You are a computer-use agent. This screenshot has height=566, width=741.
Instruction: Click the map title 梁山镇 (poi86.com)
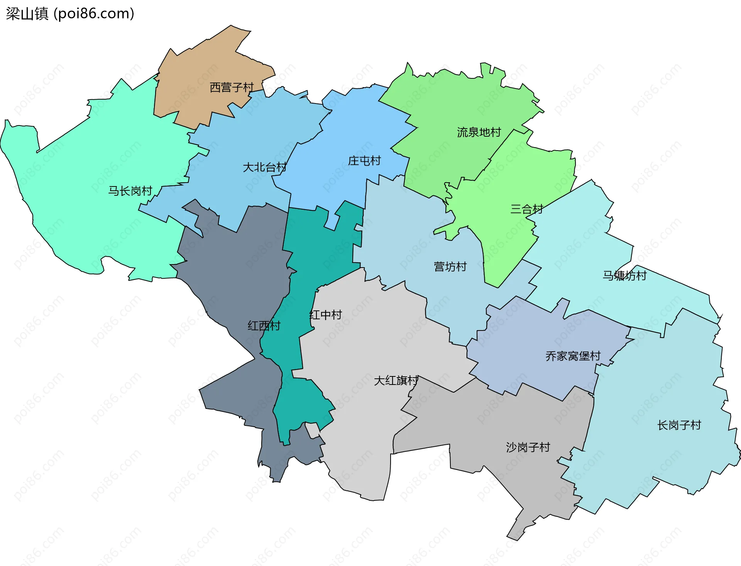(70, 14)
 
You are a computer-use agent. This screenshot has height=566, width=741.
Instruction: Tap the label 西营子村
(232, 88)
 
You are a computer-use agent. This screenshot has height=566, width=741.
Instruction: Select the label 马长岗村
(130, 191)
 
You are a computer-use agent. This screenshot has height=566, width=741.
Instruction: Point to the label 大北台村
(264, 168)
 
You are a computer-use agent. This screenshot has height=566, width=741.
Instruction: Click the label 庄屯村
(364, 161)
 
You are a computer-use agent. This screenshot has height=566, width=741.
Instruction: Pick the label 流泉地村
(479, 132)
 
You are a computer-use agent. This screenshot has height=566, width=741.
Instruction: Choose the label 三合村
(526, 209)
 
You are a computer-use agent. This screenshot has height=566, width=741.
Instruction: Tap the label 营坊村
(450, 267)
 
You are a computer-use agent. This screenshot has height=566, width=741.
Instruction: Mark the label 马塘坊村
(624, 276)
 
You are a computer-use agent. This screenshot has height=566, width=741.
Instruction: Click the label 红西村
(264, 326)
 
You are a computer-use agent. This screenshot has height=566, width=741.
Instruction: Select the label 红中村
(325, 315)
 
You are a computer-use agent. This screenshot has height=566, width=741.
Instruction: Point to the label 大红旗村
(396, 381)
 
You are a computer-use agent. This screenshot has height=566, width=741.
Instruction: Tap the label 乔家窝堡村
(573, 356)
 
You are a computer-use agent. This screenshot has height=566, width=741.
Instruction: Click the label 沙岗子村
(528, 447)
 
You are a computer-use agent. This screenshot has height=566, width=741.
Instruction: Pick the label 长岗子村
(679, 425)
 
